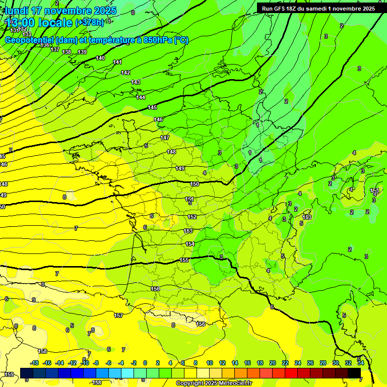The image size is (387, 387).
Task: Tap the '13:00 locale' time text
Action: point(38,23)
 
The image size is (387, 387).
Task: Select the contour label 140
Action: point(100,58)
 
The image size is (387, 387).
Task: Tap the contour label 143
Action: point(136,82)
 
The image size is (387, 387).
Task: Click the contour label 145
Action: point(152,108)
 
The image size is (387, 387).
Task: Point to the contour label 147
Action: point(165,138)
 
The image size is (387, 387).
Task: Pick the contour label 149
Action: point(180,168)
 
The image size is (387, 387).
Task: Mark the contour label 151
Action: point(189,200)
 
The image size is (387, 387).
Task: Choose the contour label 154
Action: point(190,244)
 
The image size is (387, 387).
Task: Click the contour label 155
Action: point(184,260)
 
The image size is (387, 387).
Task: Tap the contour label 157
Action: point(118,315)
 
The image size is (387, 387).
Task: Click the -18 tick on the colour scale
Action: point(35,363)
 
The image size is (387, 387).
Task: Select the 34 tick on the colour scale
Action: point(361,363)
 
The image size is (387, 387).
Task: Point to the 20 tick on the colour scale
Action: point(273,363)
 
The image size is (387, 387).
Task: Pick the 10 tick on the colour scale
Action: point(209,363)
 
